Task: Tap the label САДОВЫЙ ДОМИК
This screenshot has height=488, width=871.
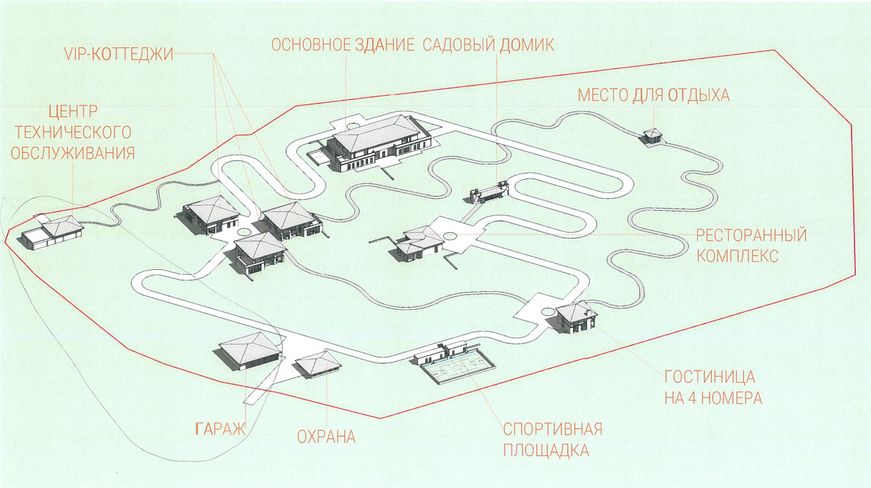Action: [488, 45]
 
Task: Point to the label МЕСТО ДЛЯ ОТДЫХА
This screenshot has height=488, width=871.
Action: [653, 95]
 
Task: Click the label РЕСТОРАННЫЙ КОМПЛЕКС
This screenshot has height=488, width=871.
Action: [751, 245]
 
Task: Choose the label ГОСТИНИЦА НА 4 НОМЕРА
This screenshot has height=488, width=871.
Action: [713, 387]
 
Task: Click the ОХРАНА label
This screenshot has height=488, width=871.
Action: [326, 437]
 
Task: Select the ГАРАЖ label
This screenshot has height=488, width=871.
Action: [220, 428]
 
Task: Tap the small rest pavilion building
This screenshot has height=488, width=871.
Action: [652, 135]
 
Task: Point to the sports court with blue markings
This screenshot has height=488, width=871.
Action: [458, 366]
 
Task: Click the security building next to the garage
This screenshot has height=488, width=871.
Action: [318, 363]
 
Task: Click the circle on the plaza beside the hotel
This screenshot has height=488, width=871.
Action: [547, 312]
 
